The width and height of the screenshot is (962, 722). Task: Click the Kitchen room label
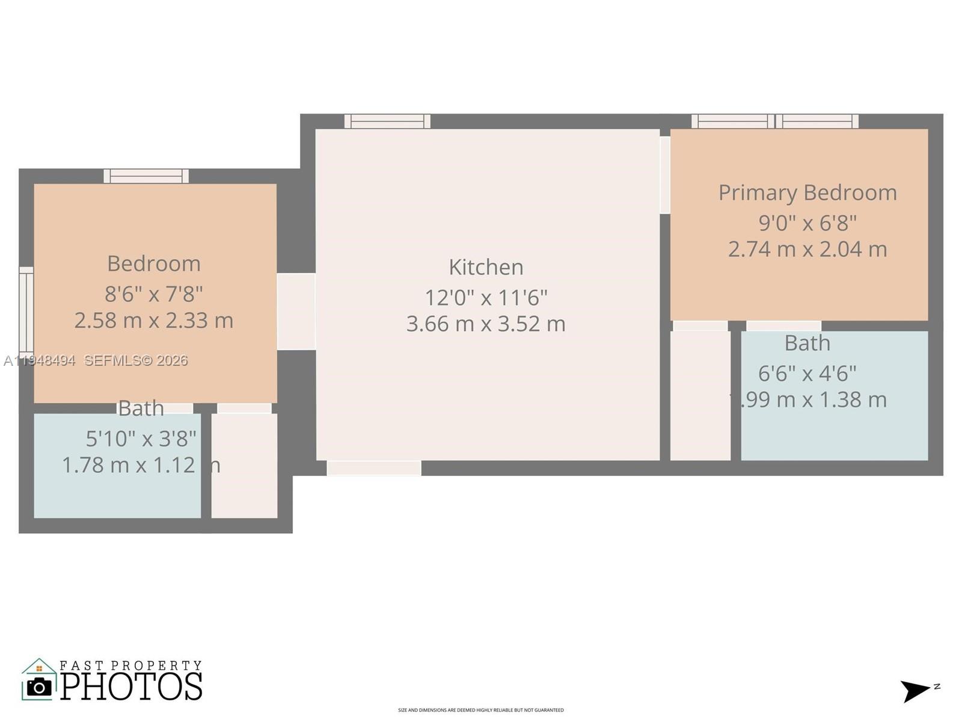point(486,267)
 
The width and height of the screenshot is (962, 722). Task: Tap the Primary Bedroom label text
point(807,193)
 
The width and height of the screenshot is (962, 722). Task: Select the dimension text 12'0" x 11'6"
point(486,298)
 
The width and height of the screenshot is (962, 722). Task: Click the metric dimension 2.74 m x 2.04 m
point(807,249)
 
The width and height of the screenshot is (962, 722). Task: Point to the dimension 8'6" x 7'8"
point(153,294)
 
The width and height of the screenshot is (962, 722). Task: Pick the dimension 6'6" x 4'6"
point(807,374)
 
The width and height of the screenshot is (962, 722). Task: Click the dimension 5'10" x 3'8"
point(141,439)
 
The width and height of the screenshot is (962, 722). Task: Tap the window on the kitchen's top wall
point(387,121)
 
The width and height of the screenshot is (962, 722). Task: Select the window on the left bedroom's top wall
point(146,176)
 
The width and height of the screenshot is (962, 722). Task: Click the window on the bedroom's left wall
point(26,310)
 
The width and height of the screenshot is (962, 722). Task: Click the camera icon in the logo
point(40,687)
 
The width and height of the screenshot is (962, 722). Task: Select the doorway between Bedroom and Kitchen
point(296,311)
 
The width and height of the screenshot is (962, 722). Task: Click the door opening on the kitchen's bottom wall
point(374,468)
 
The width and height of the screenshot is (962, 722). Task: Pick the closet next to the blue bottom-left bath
point(244,465)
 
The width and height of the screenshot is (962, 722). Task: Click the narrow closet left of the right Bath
point(700,395)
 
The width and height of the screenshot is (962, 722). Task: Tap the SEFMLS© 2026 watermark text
point(136,360)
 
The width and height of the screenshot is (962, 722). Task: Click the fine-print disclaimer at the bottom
point(481,710)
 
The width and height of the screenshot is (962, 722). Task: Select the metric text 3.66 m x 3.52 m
point(486,324)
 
